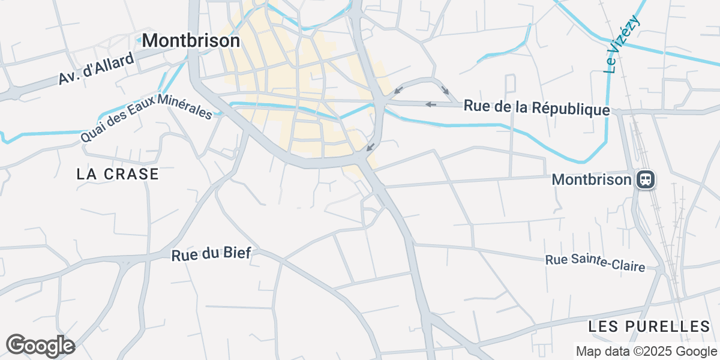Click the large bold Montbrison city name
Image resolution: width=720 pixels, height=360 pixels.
[191, 40]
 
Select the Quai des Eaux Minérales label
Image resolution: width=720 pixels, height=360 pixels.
[146, 117]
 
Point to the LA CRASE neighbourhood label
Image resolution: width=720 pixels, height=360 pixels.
[118, 174]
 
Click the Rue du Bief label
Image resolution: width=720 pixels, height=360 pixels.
[211, 254]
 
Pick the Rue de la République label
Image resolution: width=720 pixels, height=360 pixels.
[537, 109]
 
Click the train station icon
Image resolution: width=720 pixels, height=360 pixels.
[646, 179]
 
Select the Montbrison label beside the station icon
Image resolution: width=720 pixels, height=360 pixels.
[592, 179]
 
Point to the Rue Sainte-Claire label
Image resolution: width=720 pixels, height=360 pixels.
[595, 263]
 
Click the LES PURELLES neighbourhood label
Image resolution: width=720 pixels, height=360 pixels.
[649, 326]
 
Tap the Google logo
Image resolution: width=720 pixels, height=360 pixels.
[40, 346]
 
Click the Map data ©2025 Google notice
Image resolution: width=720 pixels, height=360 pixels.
[646, 351]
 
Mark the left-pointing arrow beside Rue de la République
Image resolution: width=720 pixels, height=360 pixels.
[430, 104]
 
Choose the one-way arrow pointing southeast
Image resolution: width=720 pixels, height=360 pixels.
[445, 90]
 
